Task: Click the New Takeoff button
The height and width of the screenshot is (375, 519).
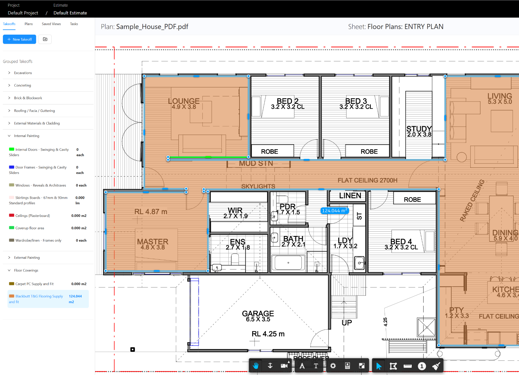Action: [19, 39]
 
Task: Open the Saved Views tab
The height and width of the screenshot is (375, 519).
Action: [51, 24]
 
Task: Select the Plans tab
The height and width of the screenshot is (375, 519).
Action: [29, 24]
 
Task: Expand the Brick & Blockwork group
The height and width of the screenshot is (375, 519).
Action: [28, 98]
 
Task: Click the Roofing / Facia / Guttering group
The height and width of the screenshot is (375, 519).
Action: [34, 111]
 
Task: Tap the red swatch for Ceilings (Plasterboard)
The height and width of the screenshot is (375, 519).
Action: [12, 215]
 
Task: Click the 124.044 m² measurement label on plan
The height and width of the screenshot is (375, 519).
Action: [334, 211]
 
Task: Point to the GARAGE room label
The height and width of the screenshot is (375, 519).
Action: [258, 314]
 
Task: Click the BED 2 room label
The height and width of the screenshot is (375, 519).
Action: [287, 101]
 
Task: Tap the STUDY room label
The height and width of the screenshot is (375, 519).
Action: [419, 129]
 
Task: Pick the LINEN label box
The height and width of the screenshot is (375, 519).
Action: [350, 196]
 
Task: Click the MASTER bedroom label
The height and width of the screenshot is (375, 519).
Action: [153, 242]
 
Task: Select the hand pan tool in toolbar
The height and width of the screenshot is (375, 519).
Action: [256, 366]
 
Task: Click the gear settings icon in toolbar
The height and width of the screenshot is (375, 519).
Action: [333, 366]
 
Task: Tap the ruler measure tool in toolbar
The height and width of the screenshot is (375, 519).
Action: [407, 366]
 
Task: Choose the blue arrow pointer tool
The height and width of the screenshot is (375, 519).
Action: [379, 366]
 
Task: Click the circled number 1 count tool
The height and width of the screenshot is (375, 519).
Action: [422, 366]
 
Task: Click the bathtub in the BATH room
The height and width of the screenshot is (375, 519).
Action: [288, 262]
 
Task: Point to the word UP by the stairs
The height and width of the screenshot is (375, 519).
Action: [347, 323]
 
